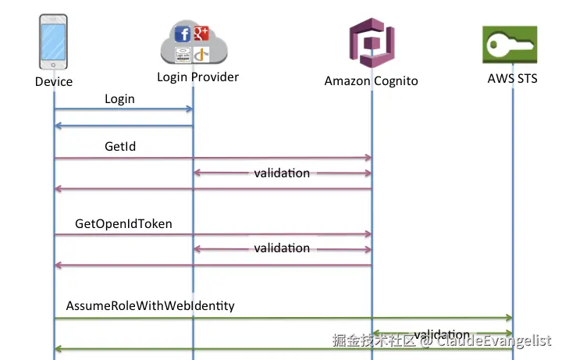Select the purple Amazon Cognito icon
[372, 45]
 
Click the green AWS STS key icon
[511, 45]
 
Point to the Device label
[54, 81]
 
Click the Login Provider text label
[197, 77]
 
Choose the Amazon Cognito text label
[371, 80]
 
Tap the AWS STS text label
[512, 78]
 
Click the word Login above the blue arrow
[119, 99]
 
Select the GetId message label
[121, 146]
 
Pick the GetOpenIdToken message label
[123, 224]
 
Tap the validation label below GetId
[282, 173]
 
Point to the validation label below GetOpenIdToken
[282, 248]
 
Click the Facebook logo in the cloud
[183, 34]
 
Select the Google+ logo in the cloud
[201, 32]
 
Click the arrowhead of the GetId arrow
[368, 158]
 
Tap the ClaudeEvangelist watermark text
[494, 340]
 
